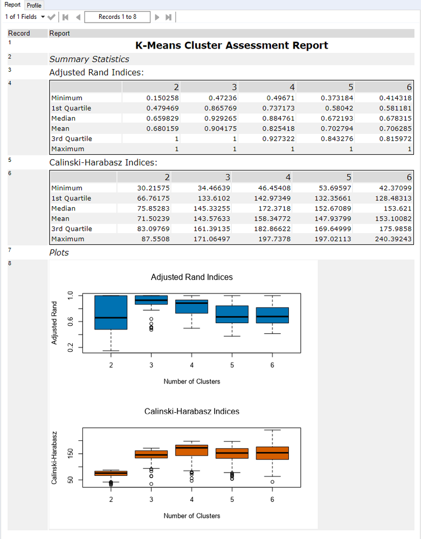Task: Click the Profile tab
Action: (34, 5)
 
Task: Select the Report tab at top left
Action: (12, 5)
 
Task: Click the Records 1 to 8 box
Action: (118, 17)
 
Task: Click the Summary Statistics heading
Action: (89, 59)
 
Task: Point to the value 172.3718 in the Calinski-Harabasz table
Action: (279, 208)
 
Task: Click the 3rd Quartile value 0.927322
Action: (279, 139)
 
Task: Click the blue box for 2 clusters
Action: (111, 312)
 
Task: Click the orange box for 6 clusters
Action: (272, 453)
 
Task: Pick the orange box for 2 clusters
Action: (111, 473)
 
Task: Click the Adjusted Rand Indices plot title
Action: (192, 277)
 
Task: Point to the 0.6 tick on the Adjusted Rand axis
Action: (70, 322)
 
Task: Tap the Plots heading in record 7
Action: (59, 253)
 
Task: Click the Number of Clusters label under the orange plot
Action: (192, 516)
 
